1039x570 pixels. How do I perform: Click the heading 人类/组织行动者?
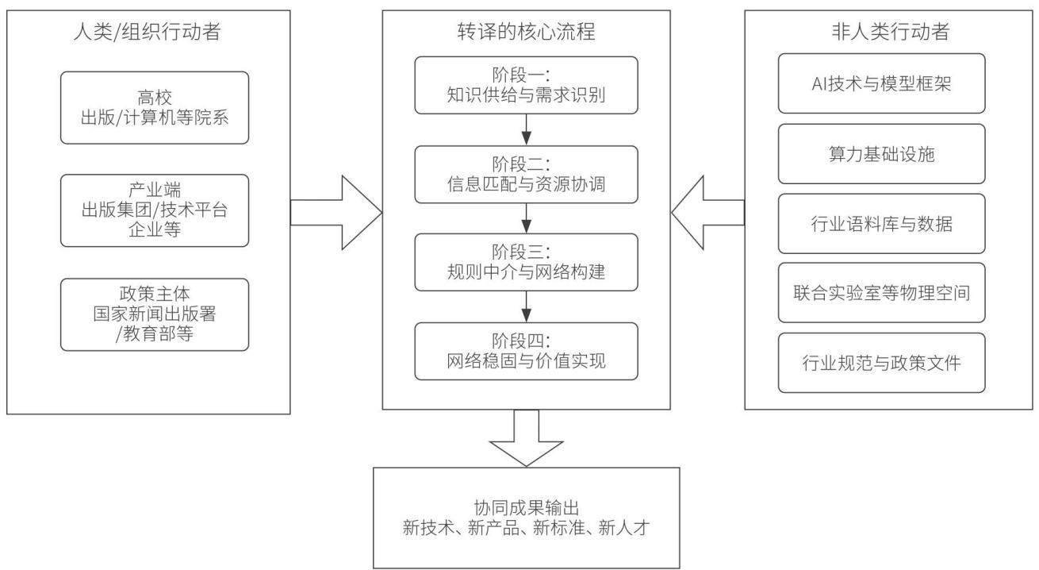[147, 32]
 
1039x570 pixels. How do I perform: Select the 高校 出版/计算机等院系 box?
[155, 108]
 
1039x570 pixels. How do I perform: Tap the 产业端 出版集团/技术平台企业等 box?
[155, 210]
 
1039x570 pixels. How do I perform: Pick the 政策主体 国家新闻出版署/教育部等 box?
[155, 314]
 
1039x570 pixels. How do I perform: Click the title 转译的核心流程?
[526, 32]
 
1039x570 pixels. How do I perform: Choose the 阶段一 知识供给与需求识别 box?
[526, 85]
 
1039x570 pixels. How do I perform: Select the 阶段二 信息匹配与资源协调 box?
[526, 174]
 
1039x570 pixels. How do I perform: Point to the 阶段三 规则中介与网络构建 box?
[526, 262]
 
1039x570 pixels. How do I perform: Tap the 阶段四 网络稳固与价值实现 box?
[526, 351]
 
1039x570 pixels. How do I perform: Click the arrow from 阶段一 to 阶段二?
[526, 129]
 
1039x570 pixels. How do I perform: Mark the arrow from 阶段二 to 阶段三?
[526, 218]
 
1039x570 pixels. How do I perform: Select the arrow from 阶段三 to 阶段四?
[526, 306]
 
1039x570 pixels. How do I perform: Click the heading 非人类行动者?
[890, 32]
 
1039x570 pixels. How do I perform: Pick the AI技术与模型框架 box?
[881, 83]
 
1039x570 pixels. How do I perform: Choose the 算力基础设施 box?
[881, 154]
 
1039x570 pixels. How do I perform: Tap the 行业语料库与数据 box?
[881, 223]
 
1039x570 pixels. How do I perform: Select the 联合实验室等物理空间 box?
[881, 292]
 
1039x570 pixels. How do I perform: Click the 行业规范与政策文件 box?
[881, 363]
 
